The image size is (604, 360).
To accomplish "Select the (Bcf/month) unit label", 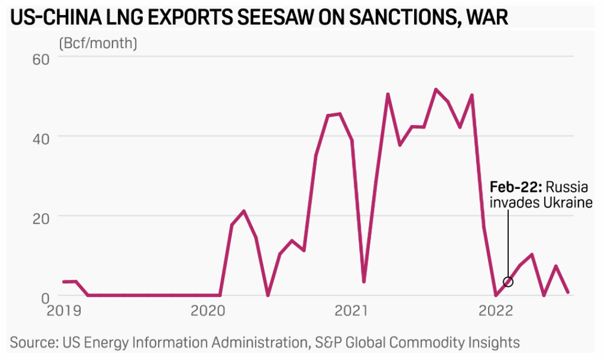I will click(x=98, y=44).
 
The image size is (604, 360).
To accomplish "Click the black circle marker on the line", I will click(x=508, y=281).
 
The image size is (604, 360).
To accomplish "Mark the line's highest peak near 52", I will click(x=436, y=89).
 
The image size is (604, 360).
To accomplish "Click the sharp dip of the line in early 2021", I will click(x=364, y=281).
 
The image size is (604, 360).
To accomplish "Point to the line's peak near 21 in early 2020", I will click(x=244, y=211).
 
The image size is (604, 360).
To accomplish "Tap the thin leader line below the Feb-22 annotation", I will click(x=508, y=241).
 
